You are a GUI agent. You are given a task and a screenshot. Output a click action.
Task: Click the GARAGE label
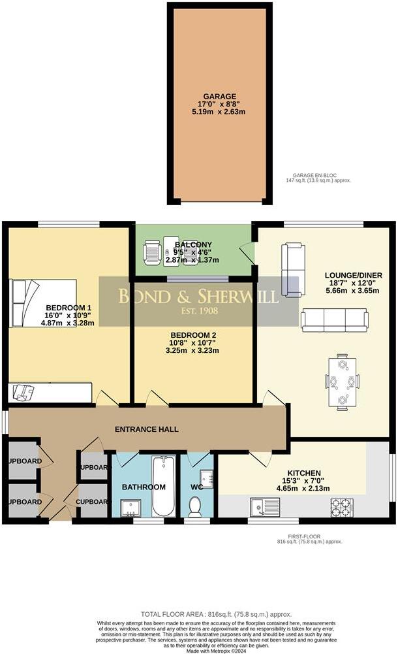(219, 95)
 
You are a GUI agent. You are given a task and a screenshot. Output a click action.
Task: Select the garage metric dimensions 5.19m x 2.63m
(219, 112)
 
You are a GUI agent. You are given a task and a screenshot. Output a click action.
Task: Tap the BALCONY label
(193, 244)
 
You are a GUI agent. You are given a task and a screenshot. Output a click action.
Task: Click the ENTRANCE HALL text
(147, 429)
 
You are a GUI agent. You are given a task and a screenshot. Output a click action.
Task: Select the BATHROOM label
(143, 487)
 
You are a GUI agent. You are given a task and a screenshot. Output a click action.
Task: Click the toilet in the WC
(194, 505)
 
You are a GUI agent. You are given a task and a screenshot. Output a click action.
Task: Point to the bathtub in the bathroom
(164, 486)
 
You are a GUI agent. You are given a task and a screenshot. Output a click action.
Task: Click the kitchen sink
(267, 505)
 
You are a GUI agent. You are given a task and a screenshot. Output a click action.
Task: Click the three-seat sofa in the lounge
(334, 319)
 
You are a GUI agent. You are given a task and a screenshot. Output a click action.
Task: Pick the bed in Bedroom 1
(43, 302)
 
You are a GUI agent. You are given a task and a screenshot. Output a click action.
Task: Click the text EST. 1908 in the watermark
(198, 311)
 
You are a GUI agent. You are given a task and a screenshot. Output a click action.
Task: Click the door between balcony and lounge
(246, 255)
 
